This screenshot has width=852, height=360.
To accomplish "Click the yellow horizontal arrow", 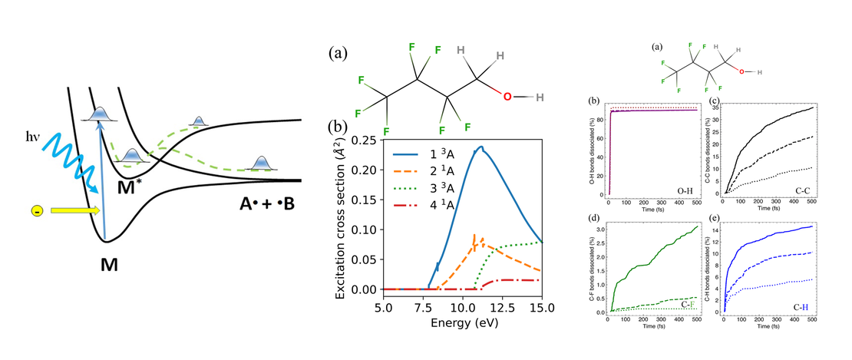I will pos(73,210).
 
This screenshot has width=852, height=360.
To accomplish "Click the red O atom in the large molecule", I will pos(507,97).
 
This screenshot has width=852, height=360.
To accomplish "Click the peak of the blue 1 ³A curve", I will pos(481,147).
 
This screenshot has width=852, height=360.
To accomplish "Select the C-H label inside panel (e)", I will pos(801,305).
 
